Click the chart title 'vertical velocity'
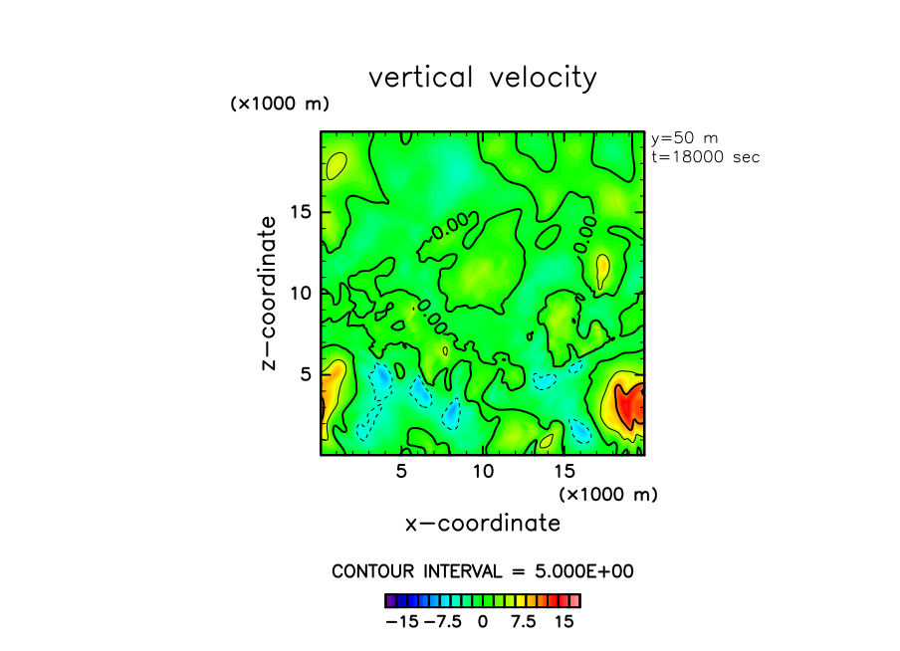[483, 78]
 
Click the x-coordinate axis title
[483, 523]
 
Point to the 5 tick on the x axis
[401, 470]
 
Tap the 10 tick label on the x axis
[483, 470]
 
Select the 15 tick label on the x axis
[564, 470]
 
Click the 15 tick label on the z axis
[302, 212]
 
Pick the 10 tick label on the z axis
[302, 294]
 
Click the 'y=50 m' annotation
[685, 138]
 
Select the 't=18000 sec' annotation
[705, 157]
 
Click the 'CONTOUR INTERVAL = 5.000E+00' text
[483, 571]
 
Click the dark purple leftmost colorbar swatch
[390, 600]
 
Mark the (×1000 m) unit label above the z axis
[280, 104]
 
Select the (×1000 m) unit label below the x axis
[608, 494]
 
